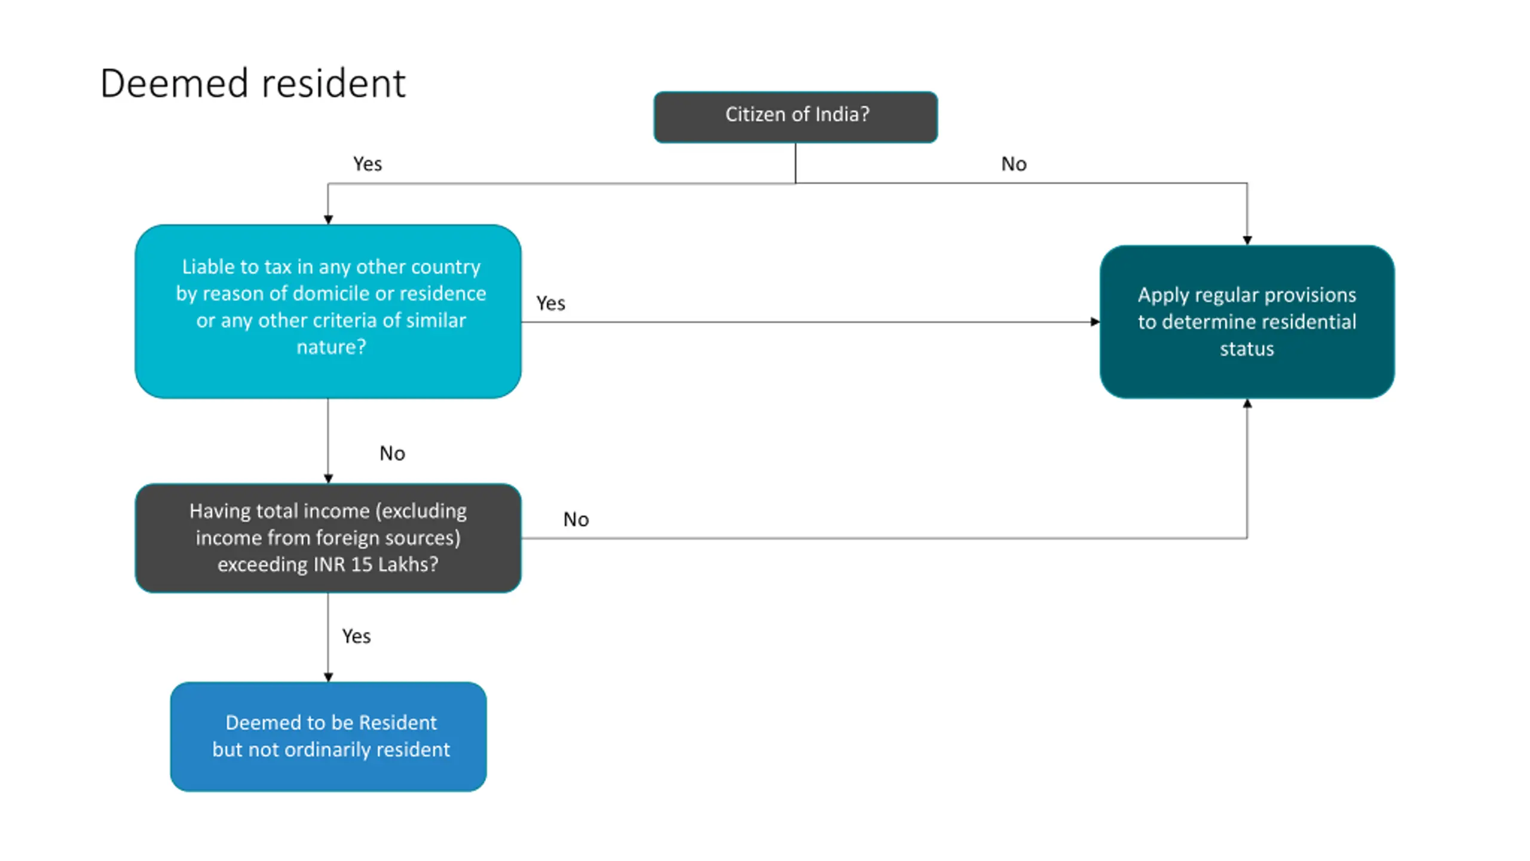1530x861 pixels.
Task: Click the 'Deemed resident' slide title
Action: click(x=253, y=83)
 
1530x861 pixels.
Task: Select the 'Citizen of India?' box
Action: click(x=795, y=117)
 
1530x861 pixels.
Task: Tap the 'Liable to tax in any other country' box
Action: click(x=328, y=311)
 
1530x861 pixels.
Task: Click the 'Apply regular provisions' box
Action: click(x=1247, y=322)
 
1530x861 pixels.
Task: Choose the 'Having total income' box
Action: click(x=328, y=538)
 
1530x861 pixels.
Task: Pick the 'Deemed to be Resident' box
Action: click(x=328, y=737)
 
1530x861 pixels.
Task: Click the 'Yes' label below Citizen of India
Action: click(x=368, y=164)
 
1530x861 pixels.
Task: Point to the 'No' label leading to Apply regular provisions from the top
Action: click(x=1014, y=164)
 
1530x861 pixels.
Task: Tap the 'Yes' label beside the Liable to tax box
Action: click(x=550, y=303)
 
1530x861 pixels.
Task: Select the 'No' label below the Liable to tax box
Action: click(x=392, y=453)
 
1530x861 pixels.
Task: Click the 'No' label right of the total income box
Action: click(x=576, y=519)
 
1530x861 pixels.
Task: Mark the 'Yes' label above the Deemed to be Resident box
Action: click(x=356, y=636)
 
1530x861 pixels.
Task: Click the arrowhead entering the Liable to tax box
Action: click(x=328, y=220)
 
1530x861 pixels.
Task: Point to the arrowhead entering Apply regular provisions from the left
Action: click(x=1095, y=322)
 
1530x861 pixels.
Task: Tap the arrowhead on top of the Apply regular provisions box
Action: click(x=1247, y=240)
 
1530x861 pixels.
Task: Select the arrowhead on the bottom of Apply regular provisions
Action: click(x=1247, y=404)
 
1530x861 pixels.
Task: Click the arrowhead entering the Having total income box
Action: click(x=328, y=479)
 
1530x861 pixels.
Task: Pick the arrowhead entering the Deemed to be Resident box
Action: click(x=328, y=677)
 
